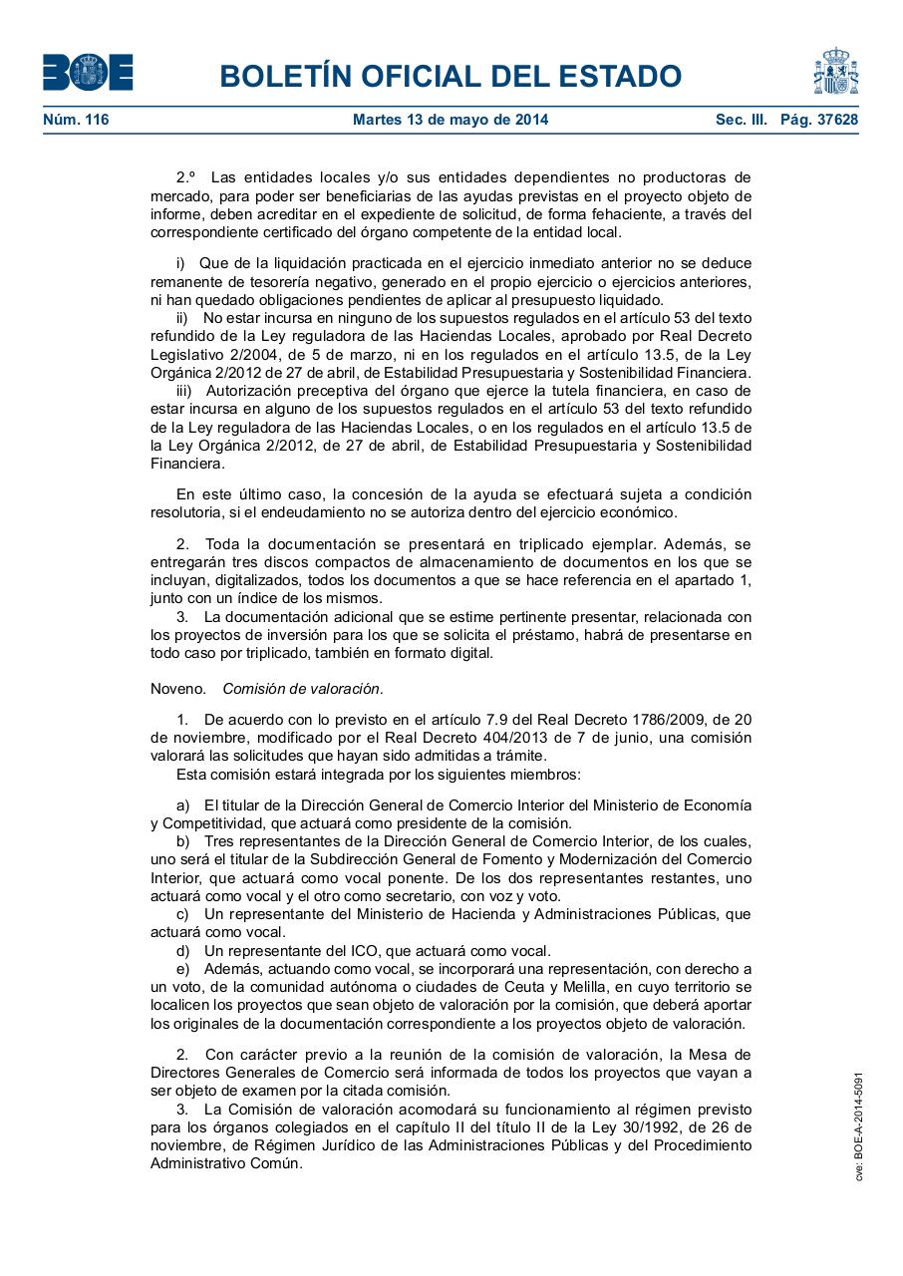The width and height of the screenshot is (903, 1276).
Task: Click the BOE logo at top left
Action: pos(88,73)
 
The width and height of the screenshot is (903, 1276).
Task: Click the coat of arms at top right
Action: pos(835,71)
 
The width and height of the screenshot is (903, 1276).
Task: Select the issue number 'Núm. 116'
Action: pos(76,121)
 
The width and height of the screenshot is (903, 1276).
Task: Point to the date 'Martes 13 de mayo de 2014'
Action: pos(451,121)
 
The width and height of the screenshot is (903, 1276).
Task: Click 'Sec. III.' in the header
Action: pos(742,121)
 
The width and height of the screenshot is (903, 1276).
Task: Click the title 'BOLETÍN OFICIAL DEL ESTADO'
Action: pos(451,76)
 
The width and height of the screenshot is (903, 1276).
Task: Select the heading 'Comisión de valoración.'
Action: pos(303,689)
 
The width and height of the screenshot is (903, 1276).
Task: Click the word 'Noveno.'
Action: pos(178,689)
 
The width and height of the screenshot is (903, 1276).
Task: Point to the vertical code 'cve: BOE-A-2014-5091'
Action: pos(859,1126)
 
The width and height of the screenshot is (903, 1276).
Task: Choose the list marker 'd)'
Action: pos(183,951)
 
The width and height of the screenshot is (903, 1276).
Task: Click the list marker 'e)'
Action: pos(183,969)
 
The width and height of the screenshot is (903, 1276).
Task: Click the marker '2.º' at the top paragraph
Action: pos(186,177)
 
